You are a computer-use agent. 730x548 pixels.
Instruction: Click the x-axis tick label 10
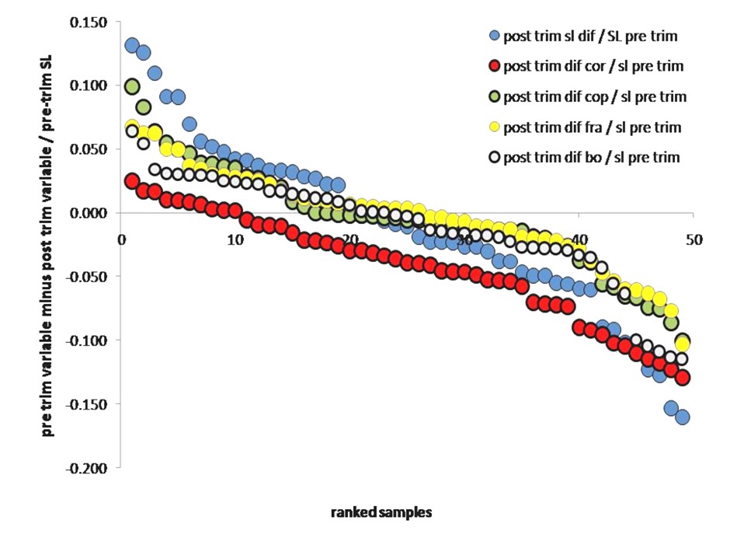[x=235, y=240]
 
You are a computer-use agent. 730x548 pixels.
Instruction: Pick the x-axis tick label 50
[x=693, y=240]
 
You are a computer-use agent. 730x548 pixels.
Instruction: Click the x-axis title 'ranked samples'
[x=381, y=512]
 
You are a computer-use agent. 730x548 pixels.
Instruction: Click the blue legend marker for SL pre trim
[x=492, y=36]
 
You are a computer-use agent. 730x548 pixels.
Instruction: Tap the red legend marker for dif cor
[x=492, y=66]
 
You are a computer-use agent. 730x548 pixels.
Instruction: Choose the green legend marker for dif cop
[x=492, y=96]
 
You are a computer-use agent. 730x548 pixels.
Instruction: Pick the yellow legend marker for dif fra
[x=492, y=127]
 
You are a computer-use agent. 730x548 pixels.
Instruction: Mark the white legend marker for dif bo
[x=492, y=157]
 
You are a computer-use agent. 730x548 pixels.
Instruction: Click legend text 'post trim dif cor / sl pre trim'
[x=593, y=66]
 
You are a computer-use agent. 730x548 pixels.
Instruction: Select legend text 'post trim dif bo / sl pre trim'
[x=592, y=157]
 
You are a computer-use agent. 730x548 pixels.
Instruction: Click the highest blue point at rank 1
[x=132, y=45]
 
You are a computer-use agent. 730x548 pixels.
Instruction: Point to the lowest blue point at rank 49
[x=683, y=417]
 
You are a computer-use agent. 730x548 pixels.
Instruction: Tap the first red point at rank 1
[x=132, y=181]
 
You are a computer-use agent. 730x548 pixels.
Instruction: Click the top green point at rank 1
[x=132, y=86]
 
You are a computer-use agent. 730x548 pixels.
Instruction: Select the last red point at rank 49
[x=683, y=378]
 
